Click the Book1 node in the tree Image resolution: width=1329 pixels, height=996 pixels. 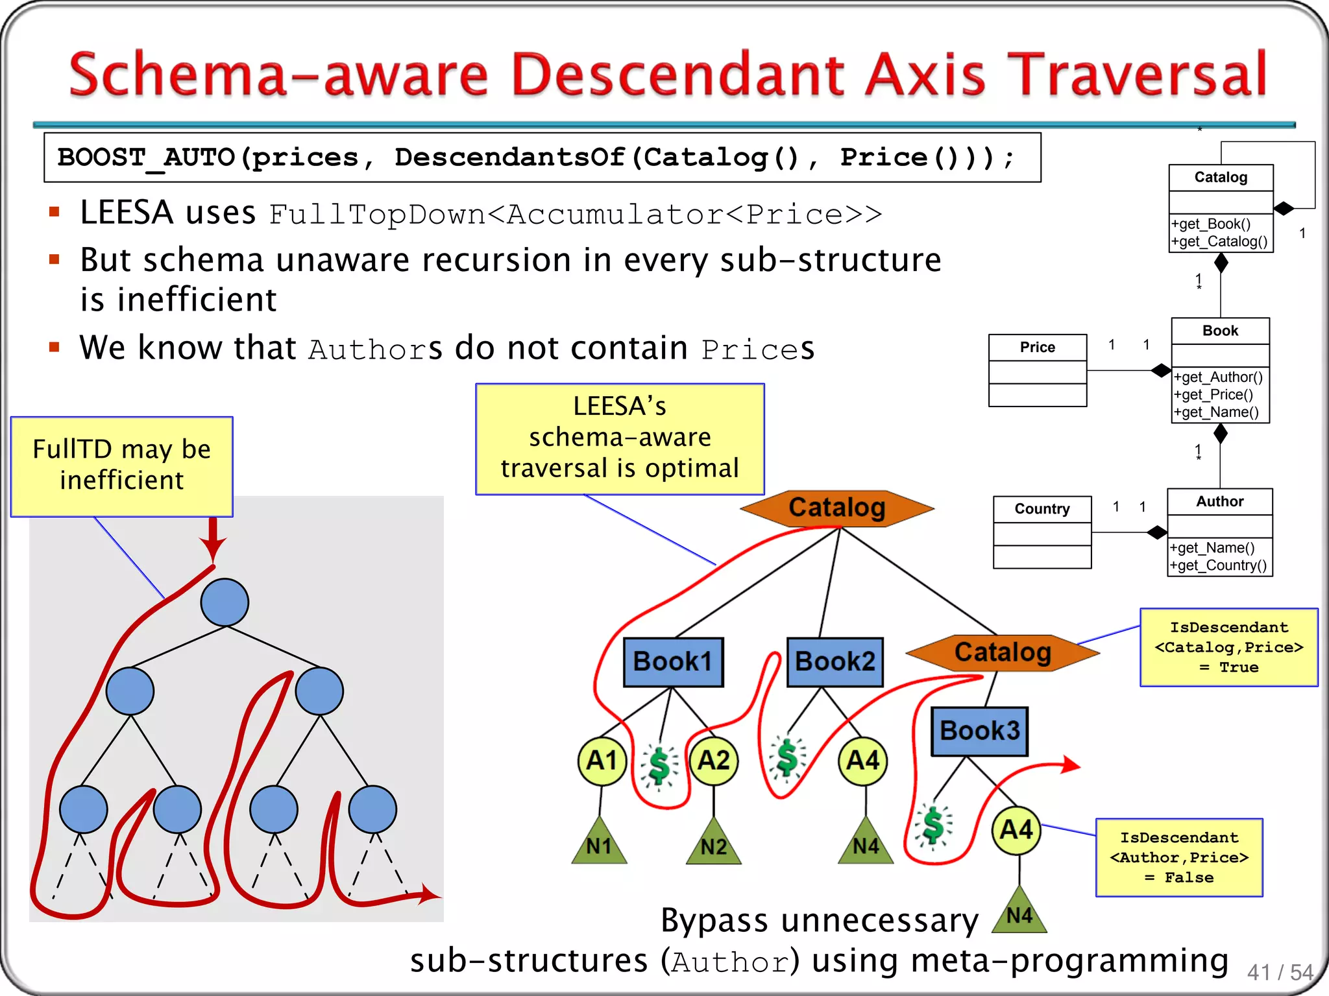pos(673,662)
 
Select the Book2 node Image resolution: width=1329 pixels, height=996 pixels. pos(835,662)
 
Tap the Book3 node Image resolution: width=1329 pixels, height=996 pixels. pos(979,731)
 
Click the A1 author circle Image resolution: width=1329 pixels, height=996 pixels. pos(602,761)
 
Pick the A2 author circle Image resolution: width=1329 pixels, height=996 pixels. pos(714,761)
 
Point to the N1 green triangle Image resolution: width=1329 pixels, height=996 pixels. pos(599,845)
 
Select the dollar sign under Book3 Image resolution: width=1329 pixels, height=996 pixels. pos(933,826)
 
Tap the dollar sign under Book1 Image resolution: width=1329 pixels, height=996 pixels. pos(659,765)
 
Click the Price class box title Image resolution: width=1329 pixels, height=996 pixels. pos(1037,348)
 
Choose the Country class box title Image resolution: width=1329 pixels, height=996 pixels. pos(1042,509)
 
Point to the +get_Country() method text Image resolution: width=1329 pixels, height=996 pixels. pos(1218,565)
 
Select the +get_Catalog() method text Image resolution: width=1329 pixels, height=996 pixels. pos(1219,242)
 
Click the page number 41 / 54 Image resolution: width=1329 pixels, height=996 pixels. pos(1279,972)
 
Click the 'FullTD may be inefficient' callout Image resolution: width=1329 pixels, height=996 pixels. pos(122,466)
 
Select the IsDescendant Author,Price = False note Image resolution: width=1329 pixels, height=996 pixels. pos(1178,857)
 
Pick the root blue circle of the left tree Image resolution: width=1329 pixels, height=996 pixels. pos(225,602)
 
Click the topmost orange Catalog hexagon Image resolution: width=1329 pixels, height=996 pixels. pos(836,508)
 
